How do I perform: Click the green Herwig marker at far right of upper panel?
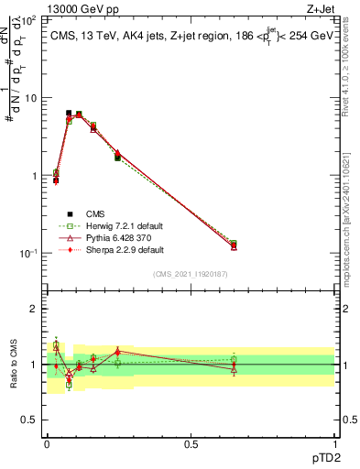pyautogui.click(x=234, y=244)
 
